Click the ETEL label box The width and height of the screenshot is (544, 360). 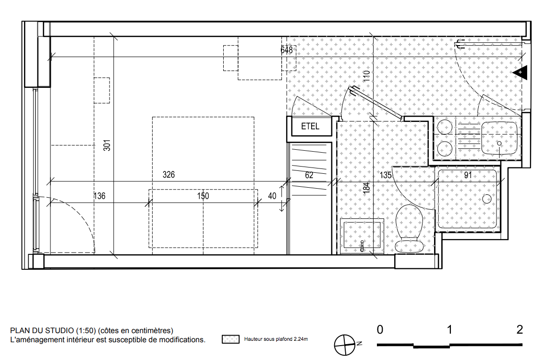pyautogui.click(x=310, y=126)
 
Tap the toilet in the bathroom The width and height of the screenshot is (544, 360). pyautogui.click(x=410, y=228)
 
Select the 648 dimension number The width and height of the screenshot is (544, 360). pyautogui.click(x=287, y=50)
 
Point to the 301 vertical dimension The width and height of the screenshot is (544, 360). pyautogui.click(x=107, y=145)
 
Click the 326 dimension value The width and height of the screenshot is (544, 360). pyautogui.click(x=169, y=174)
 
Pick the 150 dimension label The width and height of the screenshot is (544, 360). pyautogui.click(x=203, y=196)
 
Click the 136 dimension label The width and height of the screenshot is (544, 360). pyautogui.click(x=99, y=196)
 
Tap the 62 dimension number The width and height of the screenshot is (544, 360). pyautogui.click(x=309, y=175)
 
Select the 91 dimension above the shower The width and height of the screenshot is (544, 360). pyautogui.click(x=468, y=175)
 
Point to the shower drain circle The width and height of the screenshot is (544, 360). pyautogui.click(x=487, y=199)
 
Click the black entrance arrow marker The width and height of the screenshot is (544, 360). pyautogui.click(x=520, y=72)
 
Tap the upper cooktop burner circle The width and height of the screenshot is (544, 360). pyautogui.click(x=444, y=127)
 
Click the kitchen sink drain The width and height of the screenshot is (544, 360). pyautogui.click(x=500, y=143)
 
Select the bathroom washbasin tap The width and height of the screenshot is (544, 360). pyautogui.click(x=362, y=246)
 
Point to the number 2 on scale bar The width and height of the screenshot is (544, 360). pyautogui.click(x=520, y=329)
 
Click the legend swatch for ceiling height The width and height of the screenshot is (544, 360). pyautogui.click(x=230, y=339)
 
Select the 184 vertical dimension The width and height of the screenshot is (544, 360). pyautogui.click(x=366, y=188)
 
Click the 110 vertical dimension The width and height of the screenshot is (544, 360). pyautogui.click(x=367, y=76)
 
